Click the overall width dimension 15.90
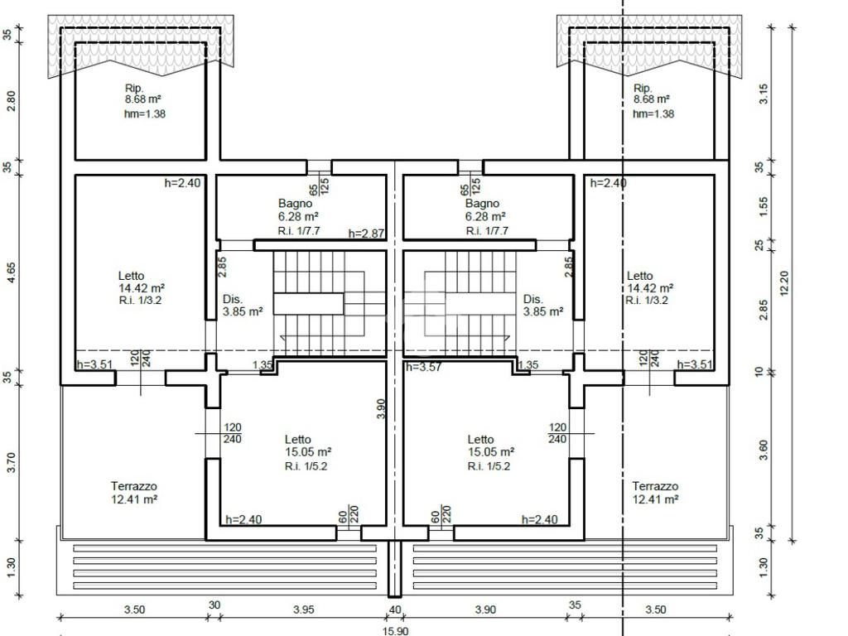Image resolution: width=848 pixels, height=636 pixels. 395,630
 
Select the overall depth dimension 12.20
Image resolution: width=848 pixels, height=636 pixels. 785,283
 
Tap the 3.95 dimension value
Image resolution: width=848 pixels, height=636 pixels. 303,609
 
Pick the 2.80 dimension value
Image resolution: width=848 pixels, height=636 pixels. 10,101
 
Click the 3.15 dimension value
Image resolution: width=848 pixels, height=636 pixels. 763,94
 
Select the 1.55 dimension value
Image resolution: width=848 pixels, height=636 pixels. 763,206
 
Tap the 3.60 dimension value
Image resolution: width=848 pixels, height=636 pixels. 763,450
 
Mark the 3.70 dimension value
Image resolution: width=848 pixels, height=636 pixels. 12,462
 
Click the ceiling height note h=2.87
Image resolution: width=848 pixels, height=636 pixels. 366,234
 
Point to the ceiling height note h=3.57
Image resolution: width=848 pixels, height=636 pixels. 423,367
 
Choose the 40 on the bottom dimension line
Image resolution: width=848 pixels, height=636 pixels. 395,609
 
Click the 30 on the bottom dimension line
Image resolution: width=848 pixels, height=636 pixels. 214,605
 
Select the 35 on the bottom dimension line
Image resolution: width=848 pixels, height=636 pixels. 575,605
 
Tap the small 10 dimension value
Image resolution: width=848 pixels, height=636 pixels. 759,372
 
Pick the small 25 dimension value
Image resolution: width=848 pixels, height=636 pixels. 759,245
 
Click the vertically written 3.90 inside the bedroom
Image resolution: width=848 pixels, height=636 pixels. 381,409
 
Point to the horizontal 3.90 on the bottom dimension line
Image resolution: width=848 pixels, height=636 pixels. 485,609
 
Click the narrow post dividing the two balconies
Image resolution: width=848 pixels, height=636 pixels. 395,567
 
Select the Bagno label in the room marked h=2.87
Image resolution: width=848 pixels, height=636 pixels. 295,204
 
